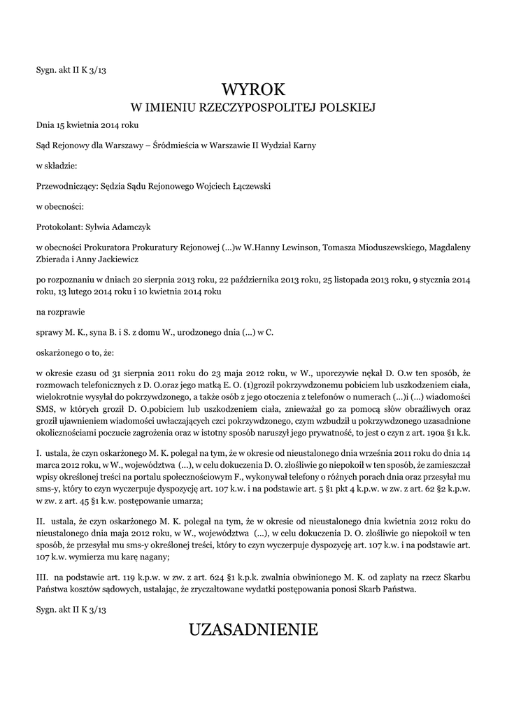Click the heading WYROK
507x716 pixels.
pos(254,89)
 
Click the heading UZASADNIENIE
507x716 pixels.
pos(253,630)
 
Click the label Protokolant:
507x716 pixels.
pos(59,227)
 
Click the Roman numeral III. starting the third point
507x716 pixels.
pos(41,578)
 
